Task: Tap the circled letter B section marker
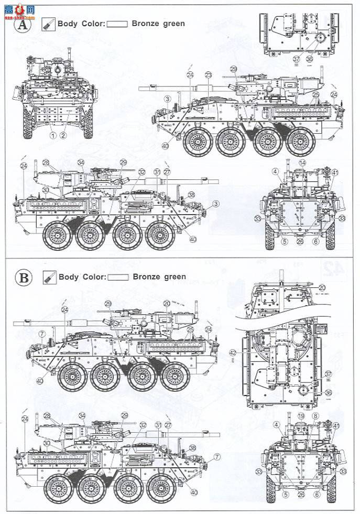click(x=24, y=277)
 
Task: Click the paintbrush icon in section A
click(x=48, y=24)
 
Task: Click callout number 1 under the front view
click(x=53, y=134)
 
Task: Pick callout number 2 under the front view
click(x=63, y=134)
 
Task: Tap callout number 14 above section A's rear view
click(x=302, y=163)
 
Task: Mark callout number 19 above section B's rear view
click(x=300, y=416)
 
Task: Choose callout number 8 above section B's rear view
click(x=315, y=416)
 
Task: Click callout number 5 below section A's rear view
click(x=283, y=242)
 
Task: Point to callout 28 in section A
click(x=46, y=163)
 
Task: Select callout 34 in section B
click(x=81, y=416)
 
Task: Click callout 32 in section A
click(x=141, y=172)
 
